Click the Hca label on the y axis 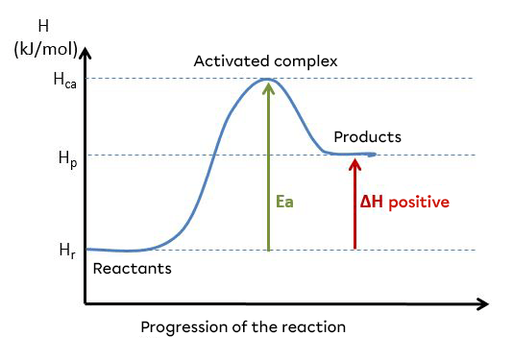pos(61,81)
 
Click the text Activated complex pos(266,61)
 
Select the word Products pos(367,137)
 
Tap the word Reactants pos(132,269)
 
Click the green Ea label pos(283,203)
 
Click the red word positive pos(419,203)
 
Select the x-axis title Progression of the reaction pos(243,326)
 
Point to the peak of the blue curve pos(267,79)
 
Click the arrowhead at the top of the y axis pos(85,48)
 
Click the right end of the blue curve pos(375,154)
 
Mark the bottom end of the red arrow pos(354,249)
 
